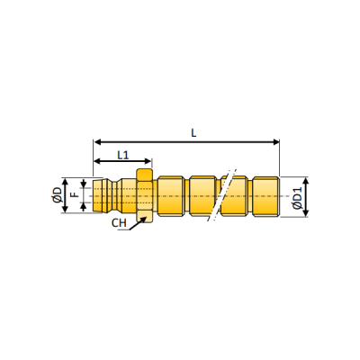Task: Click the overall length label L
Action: point(193,132)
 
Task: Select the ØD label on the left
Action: point(57,194)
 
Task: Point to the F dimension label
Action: point(75,194)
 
